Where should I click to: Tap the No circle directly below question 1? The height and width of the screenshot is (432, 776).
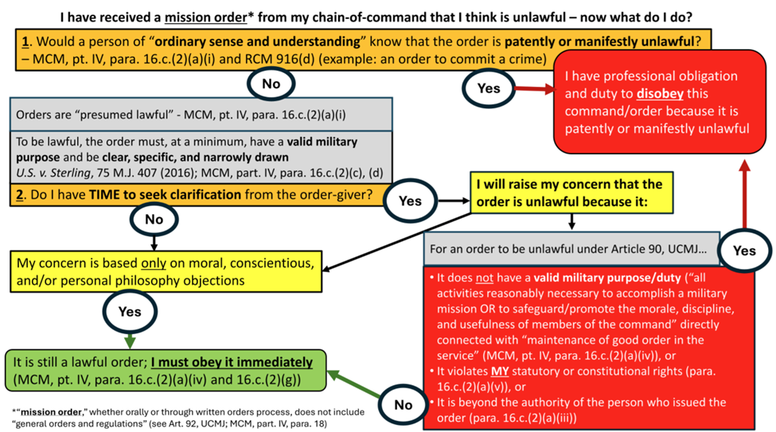point(271,83)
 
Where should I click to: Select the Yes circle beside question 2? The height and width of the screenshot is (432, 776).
point(410,200)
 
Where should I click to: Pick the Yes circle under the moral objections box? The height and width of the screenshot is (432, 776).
point(130,312)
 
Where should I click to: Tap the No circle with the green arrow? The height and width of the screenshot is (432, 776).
point(404,403)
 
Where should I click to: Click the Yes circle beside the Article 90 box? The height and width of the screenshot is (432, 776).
point(744,251)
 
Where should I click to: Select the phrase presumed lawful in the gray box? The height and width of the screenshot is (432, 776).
point(102,114)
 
